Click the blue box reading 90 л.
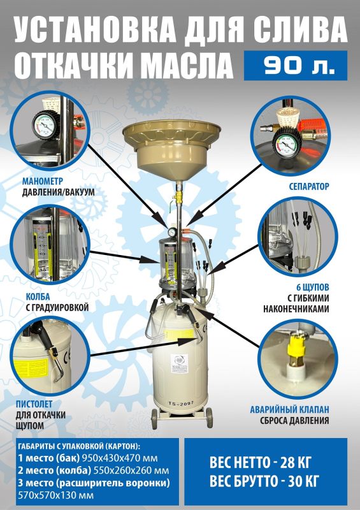click(296, 66)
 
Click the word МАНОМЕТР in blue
click(43, 181)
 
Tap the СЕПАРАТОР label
click(309, 186)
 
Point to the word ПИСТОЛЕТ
click(34, 404)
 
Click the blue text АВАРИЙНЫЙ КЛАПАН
click(289, 409)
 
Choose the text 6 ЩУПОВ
click(312, 288)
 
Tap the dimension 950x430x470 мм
click(120, 458)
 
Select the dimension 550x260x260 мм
click(131, 470)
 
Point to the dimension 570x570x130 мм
click(55, 495)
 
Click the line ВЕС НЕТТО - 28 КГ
click(261, 462)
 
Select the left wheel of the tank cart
click(154, 419)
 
